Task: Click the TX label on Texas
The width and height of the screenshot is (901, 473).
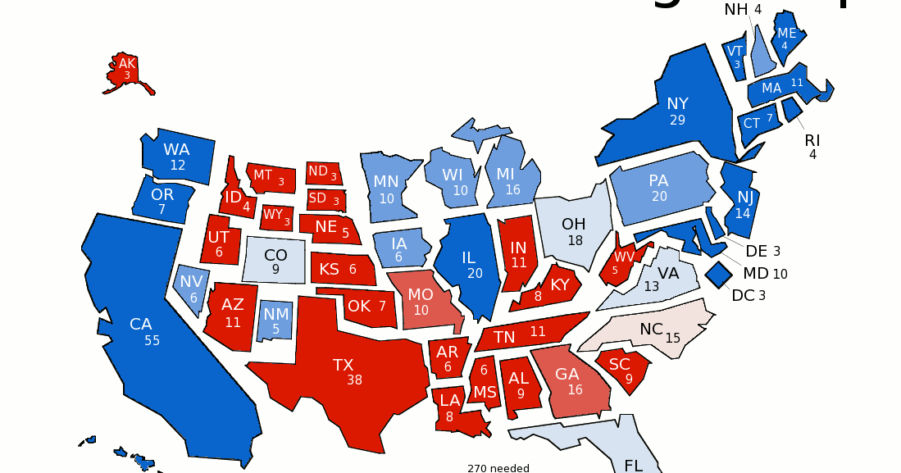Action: tap(343, 365)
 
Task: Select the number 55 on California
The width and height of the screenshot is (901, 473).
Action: tap(152, 340)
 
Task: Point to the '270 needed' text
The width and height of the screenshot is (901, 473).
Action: tap(499, 468)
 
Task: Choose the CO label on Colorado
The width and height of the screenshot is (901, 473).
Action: tap(275, 255)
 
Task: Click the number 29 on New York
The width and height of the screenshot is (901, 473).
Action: tap(677, 120)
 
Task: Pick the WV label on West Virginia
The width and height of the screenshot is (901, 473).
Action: tap(625, 257)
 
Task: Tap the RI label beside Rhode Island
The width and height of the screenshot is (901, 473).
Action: tap(812, 140)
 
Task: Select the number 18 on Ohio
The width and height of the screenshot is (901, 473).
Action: tap(575, 240)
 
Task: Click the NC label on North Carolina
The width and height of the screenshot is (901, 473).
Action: tap(651, 329)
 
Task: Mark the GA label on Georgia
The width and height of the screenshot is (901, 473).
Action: tap(567, 374)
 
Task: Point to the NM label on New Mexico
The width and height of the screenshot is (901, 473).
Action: tap(275, 313)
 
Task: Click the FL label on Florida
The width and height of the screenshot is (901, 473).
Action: tap(634, 465)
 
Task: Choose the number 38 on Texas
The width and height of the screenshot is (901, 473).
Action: tap(354, 380)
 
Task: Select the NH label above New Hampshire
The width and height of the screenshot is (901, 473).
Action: tap(735, 9)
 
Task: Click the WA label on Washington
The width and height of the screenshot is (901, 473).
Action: tap(176, 149)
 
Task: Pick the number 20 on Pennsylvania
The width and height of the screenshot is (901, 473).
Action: tap(659, 197)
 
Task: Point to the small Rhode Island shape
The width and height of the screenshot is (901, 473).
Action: tap(792, 108)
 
